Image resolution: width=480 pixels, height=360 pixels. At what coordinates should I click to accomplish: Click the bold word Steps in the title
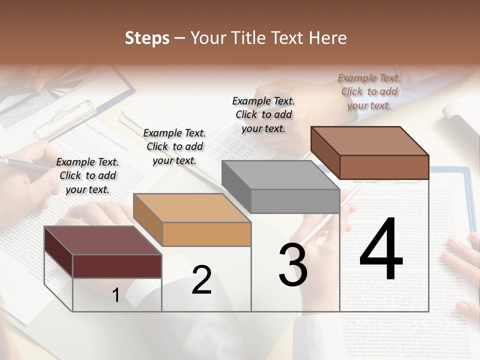[x=147, y=38]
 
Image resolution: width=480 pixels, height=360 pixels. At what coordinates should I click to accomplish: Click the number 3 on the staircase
[x=293, y=265]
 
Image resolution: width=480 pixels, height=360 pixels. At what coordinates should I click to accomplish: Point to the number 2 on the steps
[x=201, y=280]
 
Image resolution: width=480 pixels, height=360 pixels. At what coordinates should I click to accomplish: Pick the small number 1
[x=115, y=295]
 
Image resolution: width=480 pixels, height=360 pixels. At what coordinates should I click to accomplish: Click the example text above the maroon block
[x=87, y=175]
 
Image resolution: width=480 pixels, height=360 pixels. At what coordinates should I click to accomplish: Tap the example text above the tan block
[x=174, y=146]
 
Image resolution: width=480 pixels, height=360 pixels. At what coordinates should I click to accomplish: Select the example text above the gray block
[x=263, y=114]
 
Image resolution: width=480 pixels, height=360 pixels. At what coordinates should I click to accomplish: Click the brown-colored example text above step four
[x=369, y=91]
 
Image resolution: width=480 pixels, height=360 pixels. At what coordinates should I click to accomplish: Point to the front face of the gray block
[x=295, y=201]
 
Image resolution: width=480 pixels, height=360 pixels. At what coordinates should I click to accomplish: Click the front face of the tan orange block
[x=206, y=234]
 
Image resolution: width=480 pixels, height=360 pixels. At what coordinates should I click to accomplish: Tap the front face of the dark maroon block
[x=117, y=266]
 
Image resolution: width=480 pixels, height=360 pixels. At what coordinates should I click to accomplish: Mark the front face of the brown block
[x=384, y=167]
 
